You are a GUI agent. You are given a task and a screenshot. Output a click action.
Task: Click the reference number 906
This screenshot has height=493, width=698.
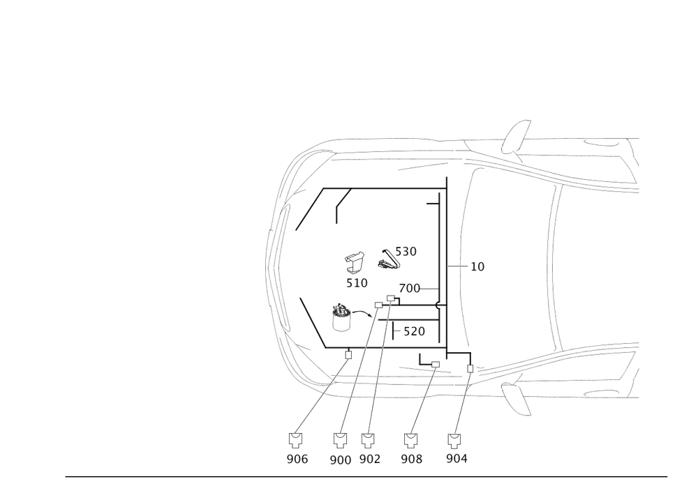(x=297, y=459)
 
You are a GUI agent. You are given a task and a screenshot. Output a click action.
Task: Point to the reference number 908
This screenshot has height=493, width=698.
(x=412, y=459)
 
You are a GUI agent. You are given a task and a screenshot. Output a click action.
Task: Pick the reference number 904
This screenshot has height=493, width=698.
(x=456, y=459)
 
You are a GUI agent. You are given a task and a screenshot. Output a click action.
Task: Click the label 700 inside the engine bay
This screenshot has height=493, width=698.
(x=408, y=288)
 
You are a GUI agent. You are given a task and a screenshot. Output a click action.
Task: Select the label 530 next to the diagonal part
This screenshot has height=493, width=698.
(x=406, y=251)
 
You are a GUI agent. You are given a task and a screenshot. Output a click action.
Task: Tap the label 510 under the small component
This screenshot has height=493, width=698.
(x=357, y=283)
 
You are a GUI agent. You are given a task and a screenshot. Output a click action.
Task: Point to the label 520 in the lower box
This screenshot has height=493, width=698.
(x=414, y=331)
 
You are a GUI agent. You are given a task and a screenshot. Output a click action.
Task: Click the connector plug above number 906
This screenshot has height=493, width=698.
(x=296, y=439)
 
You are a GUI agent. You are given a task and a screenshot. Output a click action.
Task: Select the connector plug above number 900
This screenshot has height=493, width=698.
(x=340, y=439)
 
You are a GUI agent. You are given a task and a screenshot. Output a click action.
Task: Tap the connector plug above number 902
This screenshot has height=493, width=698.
(x=368, y=439)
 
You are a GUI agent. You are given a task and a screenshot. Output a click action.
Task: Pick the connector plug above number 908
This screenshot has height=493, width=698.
(x=411, y=439)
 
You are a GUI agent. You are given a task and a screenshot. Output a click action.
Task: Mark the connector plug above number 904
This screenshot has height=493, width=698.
(x=455, y=439)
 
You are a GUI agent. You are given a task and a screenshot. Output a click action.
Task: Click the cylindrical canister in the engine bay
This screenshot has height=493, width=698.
(x=341, y=318)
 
